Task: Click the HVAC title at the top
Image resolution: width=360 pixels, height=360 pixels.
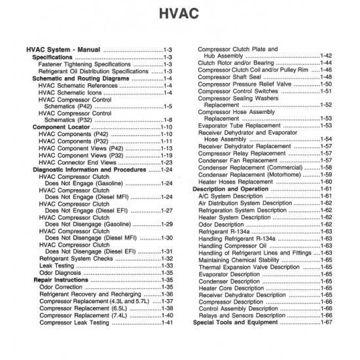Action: click(x=179, y=14)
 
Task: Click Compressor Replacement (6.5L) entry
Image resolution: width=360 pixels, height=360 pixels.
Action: click(x=86, y=308)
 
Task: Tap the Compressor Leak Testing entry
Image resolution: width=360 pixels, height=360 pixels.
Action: click(x=82, y=323)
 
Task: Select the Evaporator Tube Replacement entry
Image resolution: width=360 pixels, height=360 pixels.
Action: click(x=245, y=125)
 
